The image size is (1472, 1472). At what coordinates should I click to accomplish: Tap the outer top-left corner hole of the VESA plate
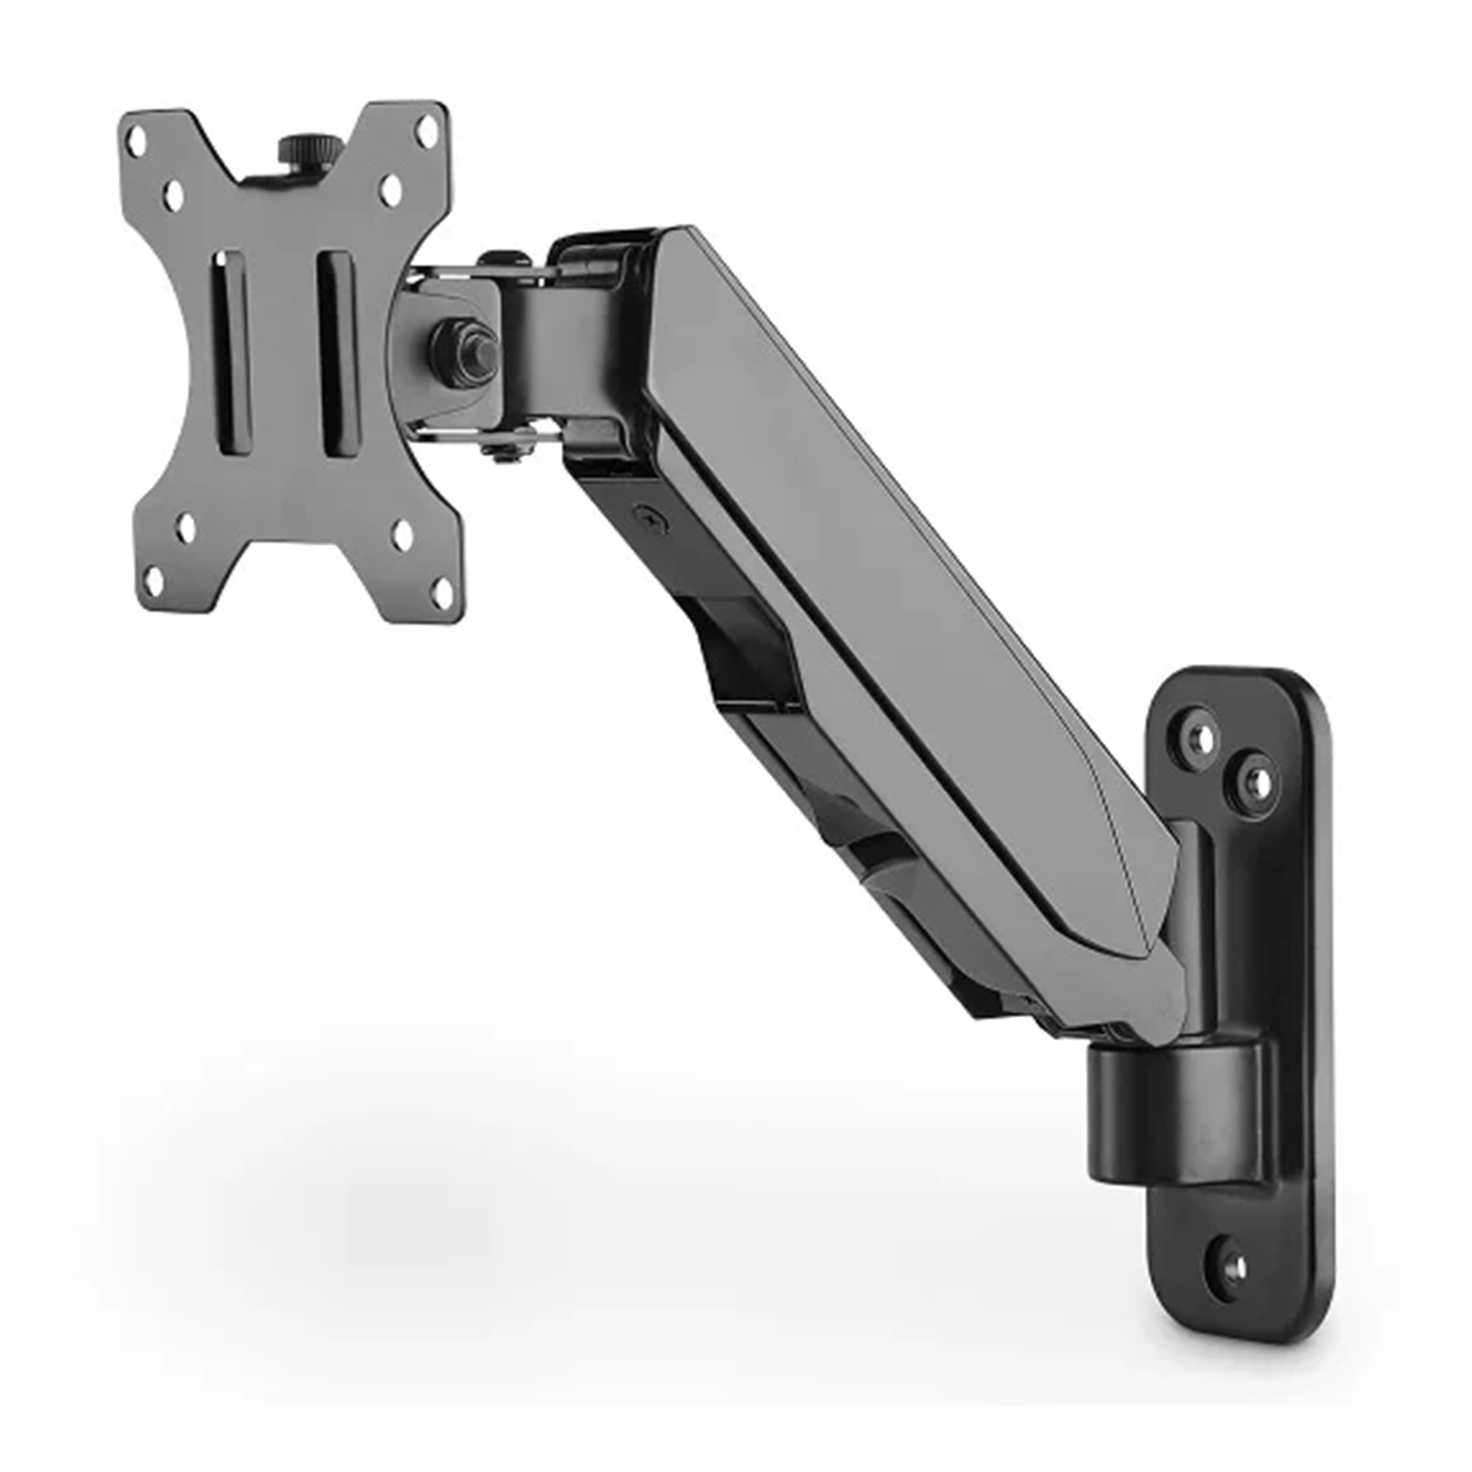click(x=136, y=141)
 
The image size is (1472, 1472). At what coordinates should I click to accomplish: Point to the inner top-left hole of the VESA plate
click(x=173, y=194)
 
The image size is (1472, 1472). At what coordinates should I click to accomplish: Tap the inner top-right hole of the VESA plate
click(x=392, y=190)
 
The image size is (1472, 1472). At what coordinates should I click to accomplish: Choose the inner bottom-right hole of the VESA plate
click(x=403, y=535)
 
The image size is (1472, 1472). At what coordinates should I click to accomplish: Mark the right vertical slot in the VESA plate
click(x=337, y=353)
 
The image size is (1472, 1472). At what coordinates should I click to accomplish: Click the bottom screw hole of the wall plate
click(x=1235, y=1267)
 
